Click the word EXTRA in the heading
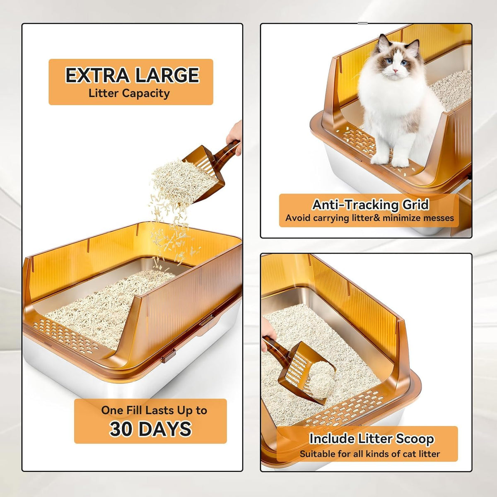coord(97,75)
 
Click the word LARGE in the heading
coord(167,75)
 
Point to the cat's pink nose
coord(395,70)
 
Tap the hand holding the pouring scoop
coord(235,138)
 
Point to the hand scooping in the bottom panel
coord(268,334)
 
